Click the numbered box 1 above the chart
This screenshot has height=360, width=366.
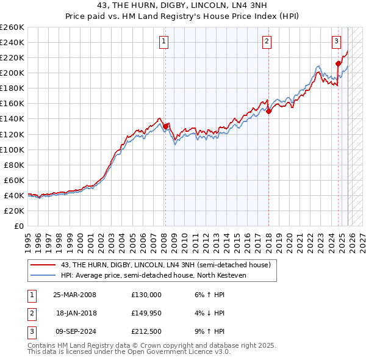coord(165,41)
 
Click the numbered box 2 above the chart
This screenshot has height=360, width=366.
coord(267,41)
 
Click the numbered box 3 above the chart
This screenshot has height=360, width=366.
coord(337,41)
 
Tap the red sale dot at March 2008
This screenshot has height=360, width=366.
coord(165,126)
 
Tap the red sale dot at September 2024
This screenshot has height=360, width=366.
coord(338,63)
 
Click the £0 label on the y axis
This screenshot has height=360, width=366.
coord(18,226)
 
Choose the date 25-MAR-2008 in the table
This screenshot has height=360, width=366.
coord(74,295)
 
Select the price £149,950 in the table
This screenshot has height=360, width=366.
coord(146,313)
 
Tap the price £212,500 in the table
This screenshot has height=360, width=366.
coord(146,331)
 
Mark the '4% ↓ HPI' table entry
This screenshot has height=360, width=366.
coord(210,313)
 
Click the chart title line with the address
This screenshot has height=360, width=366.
coord(182,5)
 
